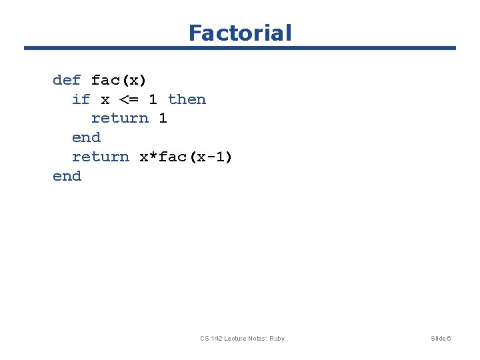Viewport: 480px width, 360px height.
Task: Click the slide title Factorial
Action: click(x=240, y=33)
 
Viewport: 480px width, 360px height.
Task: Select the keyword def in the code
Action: click(x=67, y=81)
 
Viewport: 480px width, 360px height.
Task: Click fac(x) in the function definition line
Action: click(x=119, y=81)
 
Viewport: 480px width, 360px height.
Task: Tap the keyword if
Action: click(x=81, y=100)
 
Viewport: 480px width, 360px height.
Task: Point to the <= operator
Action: click(x=129, y=100)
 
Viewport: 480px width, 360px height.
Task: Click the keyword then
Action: click(x=187, y=100)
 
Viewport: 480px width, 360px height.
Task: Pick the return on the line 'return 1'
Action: click(x=119, y=119)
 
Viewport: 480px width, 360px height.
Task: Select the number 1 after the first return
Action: click(x=163, y=119)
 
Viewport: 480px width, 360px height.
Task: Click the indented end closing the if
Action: click(x=86, y=138)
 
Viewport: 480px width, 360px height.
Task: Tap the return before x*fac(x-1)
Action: click(x=100, y=157)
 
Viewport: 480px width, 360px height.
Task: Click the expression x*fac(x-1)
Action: click(x=186, y=157)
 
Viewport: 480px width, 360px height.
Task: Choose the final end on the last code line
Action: click(x=67, y=177)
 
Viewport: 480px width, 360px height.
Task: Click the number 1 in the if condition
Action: click(x=153, y=100)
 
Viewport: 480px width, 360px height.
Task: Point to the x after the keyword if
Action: click(x=105, y=100)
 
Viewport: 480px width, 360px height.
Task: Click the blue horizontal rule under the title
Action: click(x=240, y=48)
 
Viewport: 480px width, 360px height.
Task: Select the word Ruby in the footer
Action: click(x=277, y=339)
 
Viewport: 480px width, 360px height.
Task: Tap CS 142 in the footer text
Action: click(x=211, y=339)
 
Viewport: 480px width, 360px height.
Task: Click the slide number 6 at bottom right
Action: click(x=449, y=339)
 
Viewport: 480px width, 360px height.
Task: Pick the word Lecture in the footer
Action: click(x=237, y=339)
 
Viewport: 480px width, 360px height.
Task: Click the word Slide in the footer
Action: click(x=438, y=339)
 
